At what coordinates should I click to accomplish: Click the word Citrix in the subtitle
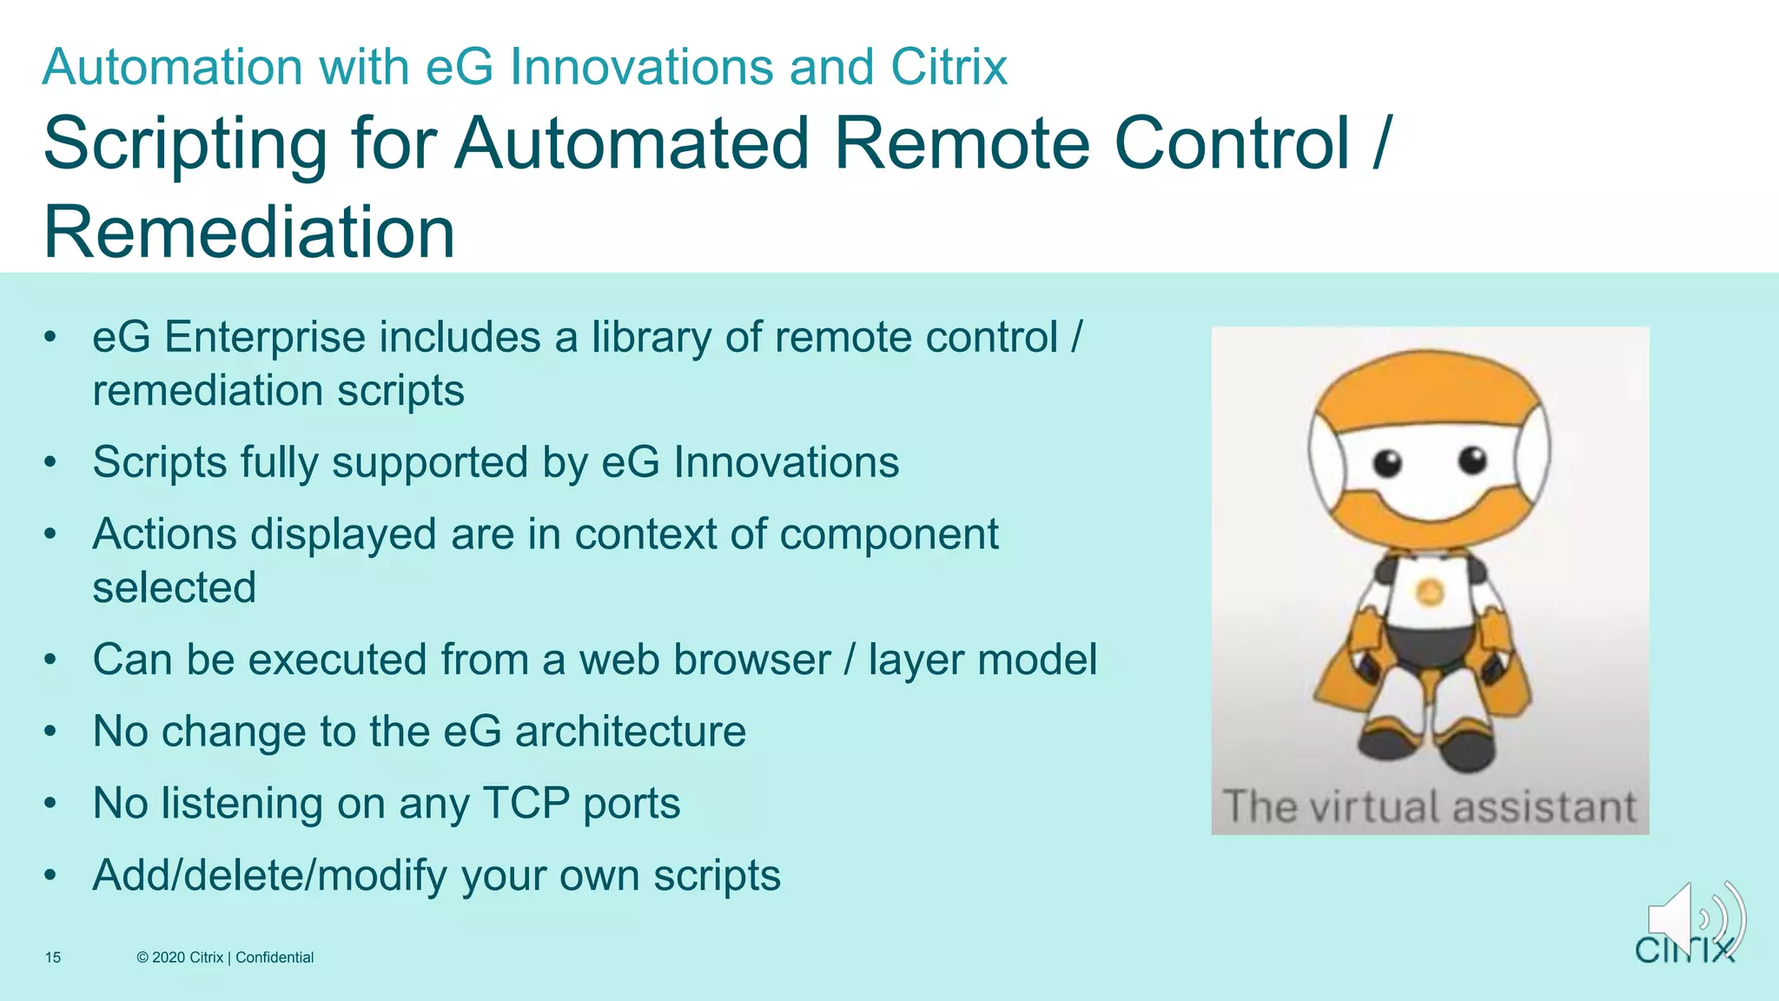(949, 67)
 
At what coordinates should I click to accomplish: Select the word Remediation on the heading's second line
(249, 233)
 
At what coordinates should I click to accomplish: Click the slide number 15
(53, 958)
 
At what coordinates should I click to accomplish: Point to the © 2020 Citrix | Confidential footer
(225, 958)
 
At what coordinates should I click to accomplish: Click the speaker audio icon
(1694, 919)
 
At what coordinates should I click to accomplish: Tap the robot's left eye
(1387, 462)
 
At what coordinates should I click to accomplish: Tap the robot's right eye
(1472, 459)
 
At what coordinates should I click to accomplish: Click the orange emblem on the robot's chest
(1430, 593)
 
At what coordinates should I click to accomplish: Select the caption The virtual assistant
(1430, 806)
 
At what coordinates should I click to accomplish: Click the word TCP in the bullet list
(526, 803)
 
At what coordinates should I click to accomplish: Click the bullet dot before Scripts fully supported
(51, 462)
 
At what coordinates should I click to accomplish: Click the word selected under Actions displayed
(175, 588)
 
